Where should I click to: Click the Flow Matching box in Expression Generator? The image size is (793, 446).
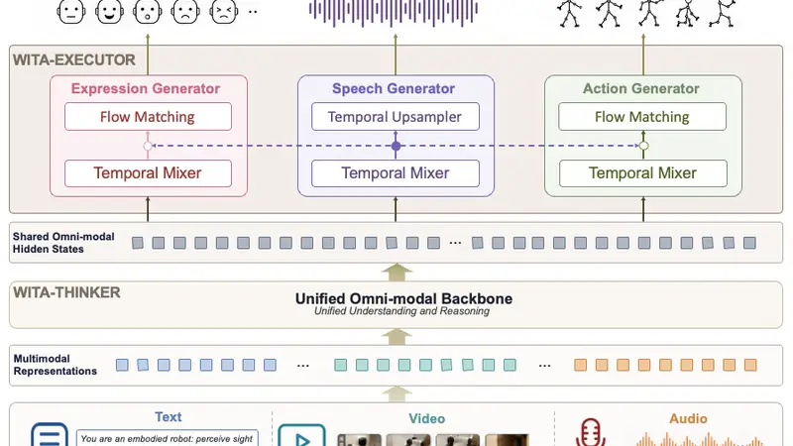point(148,117)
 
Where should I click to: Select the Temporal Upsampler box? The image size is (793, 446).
point(395,117)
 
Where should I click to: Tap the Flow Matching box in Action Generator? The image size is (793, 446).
point(642,117)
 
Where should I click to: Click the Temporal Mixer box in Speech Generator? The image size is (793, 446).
point(395,173)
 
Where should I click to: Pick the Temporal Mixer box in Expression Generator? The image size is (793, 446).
point(148,173)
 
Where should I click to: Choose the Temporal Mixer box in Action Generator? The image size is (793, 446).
point(642,173)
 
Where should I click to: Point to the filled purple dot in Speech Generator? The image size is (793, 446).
point(396,146)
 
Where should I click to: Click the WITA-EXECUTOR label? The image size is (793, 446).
point(73,60)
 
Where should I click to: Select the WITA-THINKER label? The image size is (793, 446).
point(66,292)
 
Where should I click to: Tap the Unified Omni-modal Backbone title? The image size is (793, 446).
point(403,298)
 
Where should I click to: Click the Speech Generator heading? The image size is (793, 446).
point(393,88)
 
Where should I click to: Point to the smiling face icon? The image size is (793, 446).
point(109,12)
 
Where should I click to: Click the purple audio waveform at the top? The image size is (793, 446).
point(394,12)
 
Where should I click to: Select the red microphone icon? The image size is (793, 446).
point(590,432)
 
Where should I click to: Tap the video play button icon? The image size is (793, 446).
point(302,436)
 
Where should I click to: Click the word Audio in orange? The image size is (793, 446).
point(688,418)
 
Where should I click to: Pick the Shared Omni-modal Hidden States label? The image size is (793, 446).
point(63,243)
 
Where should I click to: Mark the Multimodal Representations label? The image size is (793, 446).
point(55,365)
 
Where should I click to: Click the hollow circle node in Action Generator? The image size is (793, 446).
point(643,146)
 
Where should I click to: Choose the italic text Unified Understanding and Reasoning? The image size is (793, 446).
point(401,311)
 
